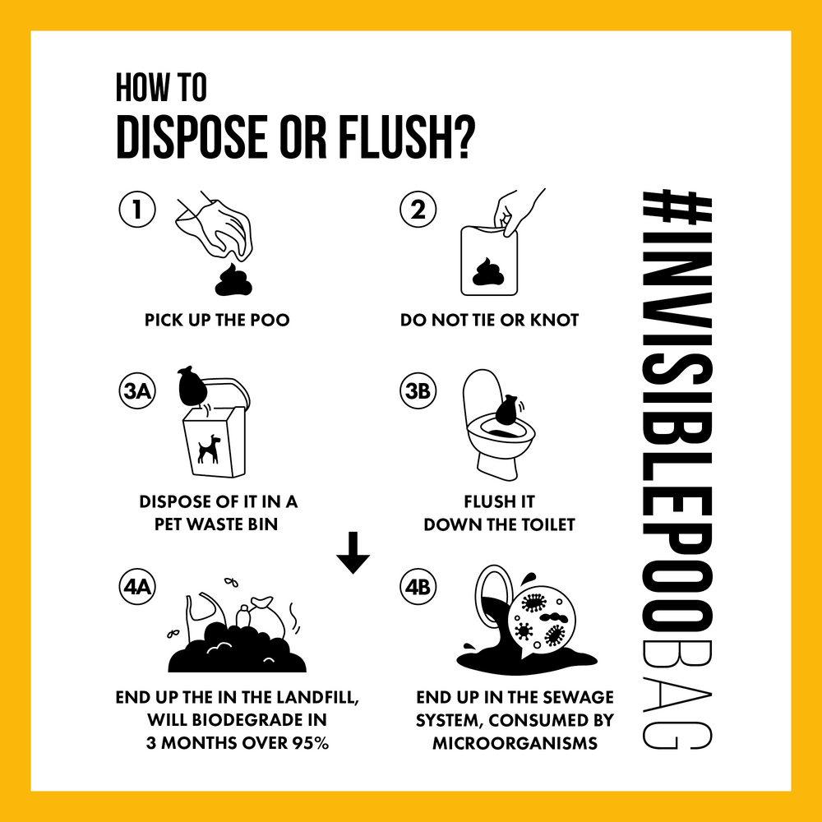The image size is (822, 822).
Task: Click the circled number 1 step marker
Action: pyautogui.click(x=137, y=209)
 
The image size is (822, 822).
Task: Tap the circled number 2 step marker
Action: pyautogui.click(x=418, y=209)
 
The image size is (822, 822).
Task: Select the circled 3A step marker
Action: pyautogui.click(x=137, y=390)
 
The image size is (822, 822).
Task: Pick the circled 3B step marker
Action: pyautogui.click(x=418, y=390)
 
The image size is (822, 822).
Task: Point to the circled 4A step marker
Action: pyautogui.click(x=137, y=586)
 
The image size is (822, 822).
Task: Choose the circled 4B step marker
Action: pyautogui.click(x=418, y=586)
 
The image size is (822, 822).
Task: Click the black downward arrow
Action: pyautogui.click(x=353, y=552)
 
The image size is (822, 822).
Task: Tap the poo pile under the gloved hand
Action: pyautogui.click(x=233, y=280)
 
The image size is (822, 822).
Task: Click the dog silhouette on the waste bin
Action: pyautogui.click(x=209, y=449)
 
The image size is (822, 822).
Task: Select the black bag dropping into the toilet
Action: pyautogui.click(x=506, y=409)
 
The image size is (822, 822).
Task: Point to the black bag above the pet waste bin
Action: pyautogui.click(x=192, y=386)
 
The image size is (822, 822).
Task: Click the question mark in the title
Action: pyautogui.click(x=463, y=137)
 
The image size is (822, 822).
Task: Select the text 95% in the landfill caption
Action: pyautogui.click(x=311, y=743)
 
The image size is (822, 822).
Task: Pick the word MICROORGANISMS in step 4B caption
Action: pyautogui.click(x=515, y=743)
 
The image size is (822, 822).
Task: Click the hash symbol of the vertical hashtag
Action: pyautogui.click(x=677, y=212)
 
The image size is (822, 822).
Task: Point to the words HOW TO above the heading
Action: pyautogui.click(x=161, y=88)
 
